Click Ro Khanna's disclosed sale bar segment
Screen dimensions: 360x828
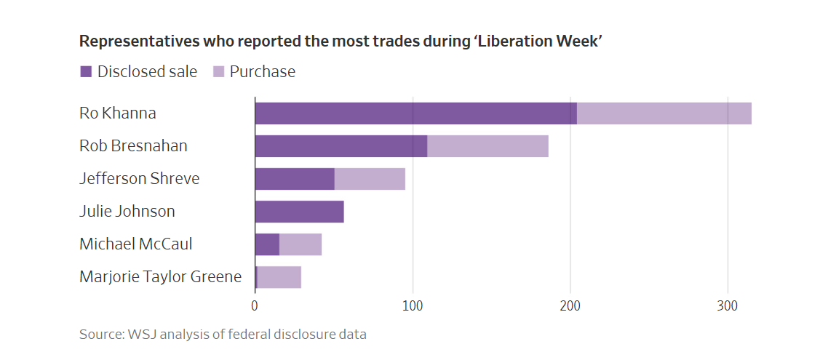(x=415, y=113)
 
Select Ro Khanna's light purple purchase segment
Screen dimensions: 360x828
(x=664, y=113)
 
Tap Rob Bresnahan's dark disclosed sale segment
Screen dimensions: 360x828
(x=341, y=146)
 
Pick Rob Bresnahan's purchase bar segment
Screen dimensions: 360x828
(x=487, y=146)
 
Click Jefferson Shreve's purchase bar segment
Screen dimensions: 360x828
(x=370, y=179)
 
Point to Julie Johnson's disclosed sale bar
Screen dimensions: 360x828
(x=299, y=212)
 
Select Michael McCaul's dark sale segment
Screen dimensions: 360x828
(x=267, y=244)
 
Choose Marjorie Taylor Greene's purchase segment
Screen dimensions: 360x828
(x=279, y=277)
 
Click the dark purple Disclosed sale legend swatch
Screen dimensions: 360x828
(x=86, y=71)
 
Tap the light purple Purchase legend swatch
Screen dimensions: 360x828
(x=218, y=71)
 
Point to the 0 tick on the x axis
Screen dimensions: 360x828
(x=255, y=306)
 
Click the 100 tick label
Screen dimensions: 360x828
(x=413, y=306)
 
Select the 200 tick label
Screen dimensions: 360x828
(x=570, y=306)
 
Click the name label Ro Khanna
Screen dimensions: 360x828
(x=117, y=113)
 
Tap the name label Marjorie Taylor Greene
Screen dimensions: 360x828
(x=160, y=277)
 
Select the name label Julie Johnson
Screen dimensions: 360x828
(x=127, y=212)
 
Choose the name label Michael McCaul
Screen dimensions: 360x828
(x=135, y=244)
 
